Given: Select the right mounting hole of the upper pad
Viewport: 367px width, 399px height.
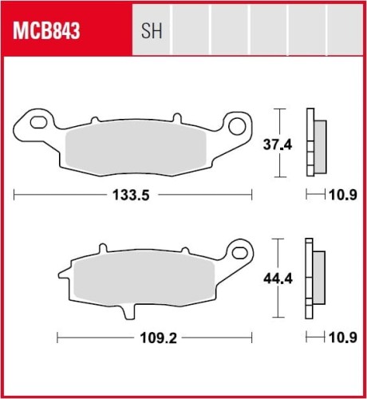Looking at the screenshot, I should tap(235, 124).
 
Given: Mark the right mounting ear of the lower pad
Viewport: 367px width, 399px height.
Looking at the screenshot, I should tap(237, 251).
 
